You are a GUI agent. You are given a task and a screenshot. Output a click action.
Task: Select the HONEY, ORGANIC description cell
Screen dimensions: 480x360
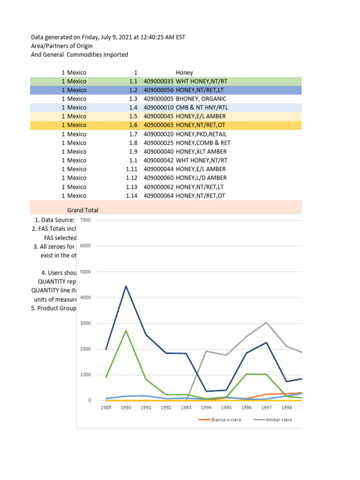tap(201, 99)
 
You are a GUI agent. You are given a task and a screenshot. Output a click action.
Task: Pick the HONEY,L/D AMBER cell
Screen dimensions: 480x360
tap(201, 178)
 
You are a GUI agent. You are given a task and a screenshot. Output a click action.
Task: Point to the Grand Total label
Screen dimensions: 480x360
tap(82, 210)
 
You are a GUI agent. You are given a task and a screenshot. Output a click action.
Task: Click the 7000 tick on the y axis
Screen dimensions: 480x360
tap(85, 220)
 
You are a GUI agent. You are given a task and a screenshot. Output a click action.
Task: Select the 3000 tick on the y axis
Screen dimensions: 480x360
tap(85, 323)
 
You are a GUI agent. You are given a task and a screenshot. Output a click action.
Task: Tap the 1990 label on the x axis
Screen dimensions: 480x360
tap(126, 408)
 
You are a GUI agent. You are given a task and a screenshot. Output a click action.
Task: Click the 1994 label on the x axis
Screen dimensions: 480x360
tap(206, 408)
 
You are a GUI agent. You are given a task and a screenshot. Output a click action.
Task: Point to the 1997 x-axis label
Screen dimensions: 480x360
tap(266, 408)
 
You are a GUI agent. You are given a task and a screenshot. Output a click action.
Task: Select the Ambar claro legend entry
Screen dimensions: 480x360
tap(278, 420)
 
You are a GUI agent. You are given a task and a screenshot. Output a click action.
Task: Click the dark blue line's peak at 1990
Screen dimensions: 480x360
tap(126, 286)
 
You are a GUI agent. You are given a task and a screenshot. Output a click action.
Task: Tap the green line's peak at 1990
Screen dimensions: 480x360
tap(126, 330)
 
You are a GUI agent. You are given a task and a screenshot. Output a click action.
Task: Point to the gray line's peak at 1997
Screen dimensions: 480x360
tap(266, 322)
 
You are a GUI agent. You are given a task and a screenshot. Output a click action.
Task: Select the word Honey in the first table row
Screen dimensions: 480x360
tap(184, 73)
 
